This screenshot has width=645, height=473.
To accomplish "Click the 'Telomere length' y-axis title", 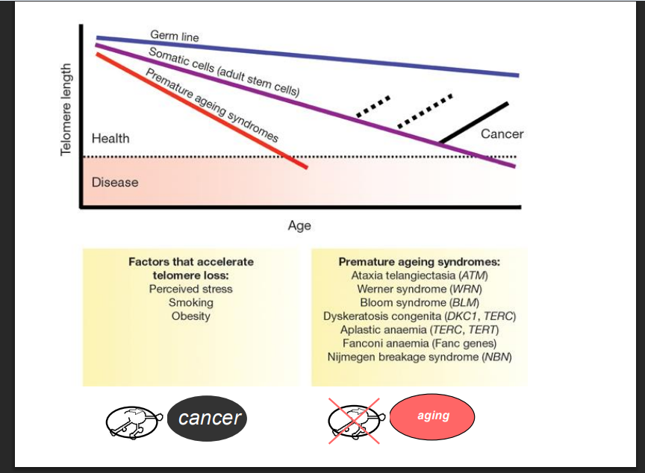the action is [66, 110].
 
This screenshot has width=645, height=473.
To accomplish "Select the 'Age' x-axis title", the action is [299, 225].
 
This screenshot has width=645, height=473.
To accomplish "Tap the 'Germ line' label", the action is [175, 36].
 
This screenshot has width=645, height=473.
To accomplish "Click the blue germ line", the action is [308, 56].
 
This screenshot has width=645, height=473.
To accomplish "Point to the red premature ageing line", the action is [202, 110].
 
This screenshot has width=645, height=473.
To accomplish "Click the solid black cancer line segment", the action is [474, 122].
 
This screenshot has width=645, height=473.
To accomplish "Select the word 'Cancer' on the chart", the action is [502, 134].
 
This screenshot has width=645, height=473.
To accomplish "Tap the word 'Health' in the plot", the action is [110, 139].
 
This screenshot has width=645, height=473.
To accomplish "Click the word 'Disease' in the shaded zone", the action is [115, 183].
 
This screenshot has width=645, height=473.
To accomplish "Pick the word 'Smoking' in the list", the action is [191, 303].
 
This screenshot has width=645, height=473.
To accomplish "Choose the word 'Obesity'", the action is [191, 316].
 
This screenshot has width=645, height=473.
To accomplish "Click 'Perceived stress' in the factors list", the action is [191, 289].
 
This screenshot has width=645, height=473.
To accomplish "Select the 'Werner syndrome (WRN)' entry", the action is [419, 289].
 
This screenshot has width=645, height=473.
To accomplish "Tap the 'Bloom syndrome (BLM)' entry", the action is [419, 303].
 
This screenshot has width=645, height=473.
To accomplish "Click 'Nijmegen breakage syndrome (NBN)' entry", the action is [419, 357].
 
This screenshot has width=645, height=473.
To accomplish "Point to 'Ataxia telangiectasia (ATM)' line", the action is [419, 275].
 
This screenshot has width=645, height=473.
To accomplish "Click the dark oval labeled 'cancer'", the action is [208, 419].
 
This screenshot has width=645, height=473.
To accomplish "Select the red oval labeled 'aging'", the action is [432, 417].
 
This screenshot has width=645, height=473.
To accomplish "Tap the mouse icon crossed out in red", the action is [355, 421].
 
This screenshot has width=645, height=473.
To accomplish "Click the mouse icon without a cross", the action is [134, 422].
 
